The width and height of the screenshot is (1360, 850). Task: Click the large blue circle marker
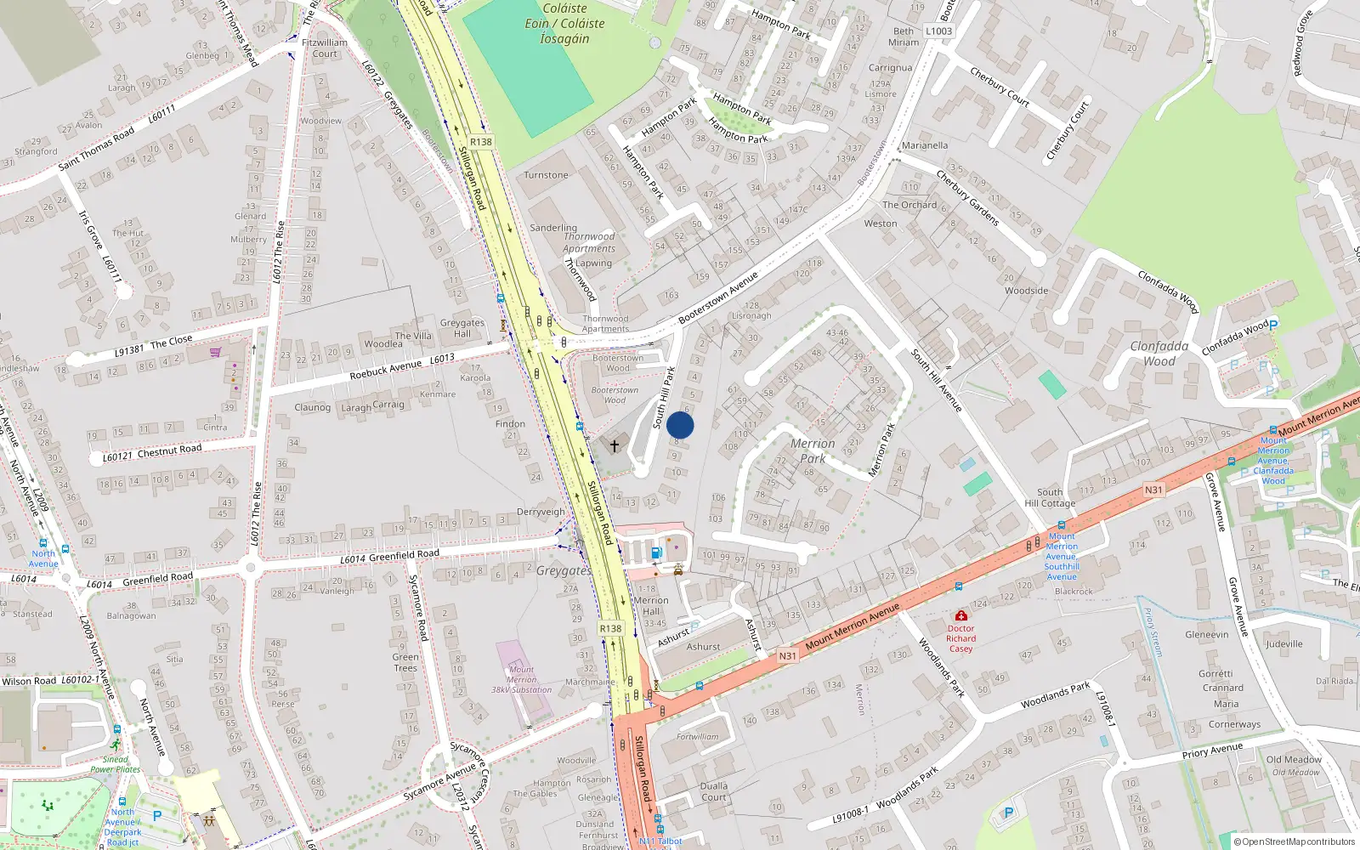[x=680, y=425]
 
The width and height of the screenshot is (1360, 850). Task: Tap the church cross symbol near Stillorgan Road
[x=615, y=445]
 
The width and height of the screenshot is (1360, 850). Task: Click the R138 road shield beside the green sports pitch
[x=480, y=142]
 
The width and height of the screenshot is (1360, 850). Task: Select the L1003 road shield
[x=938, y=31]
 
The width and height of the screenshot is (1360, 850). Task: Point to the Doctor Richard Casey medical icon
[x=960, y=615]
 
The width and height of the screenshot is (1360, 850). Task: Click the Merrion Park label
[x=813, y=450]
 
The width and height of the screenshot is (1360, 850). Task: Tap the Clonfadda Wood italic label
[x=1159, y=353]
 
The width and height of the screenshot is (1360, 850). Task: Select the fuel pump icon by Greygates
[x=655, y=553]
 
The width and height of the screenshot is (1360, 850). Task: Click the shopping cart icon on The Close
[x=216, y=352]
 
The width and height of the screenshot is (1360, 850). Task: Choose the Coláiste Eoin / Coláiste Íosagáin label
[x=564, y=23]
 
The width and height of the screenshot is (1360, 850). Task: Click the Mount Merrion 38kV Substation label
[x=521, y=679]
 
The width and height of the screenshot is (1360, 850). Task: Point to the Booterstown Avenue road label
[x=718, y=297]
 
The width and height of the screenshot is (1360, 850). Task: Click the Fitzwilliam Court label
[x=325, y=48]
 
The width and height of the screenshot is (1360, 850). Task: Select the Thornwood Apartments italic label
[x=589, y=242]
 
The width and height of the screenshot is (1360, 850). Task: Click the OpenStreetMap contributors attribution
[x=1294, y=841]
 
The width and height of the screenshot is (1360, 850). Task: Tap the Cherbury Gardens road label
[x=967, y=197]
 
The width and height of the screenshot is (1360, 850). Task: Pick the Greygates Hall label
[x=462, y=327]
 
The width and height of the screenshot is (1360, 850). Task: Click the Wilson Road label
[x=29, y=681]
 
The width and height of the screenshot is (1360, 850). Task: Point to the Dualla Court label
[x=714, y=791]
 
